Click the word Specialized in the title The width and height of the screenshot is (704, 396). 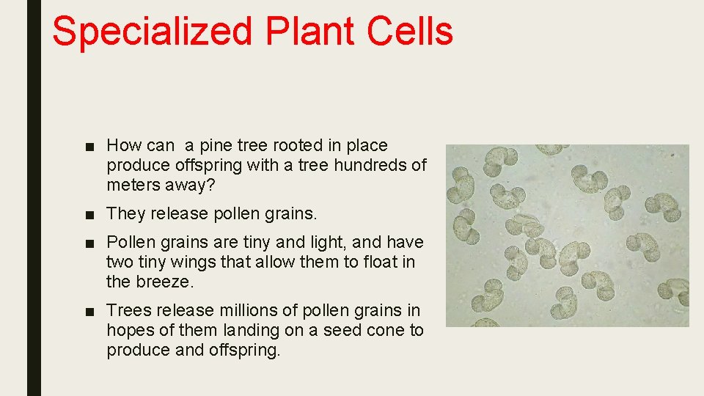153,32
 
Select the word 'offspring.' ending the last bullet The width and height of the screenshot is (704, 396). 246,350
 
